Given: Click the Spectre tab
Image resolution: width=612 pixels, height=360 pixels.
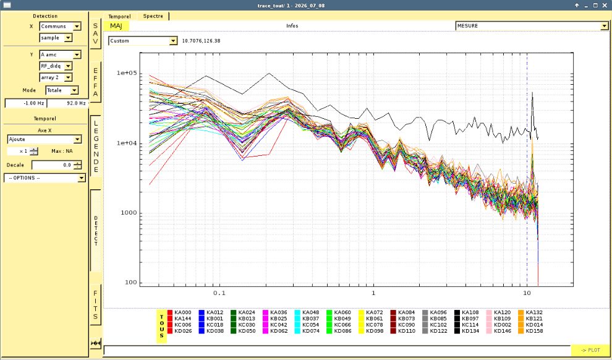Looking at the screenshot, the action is coord(153,16).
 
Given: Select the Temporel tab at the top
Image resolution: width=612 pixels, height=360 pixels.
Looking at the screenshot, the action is coord(120,17).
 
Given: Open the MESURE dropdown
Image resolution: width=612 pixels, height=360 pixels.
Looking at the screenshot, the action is coord(532,26).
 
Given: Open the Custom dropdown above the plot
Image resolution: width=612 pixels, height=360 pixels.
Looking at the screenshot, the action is coord(143,41).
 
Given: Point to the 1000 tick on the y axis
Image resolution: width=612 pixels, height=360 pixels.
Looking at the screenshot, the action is coord(127,213).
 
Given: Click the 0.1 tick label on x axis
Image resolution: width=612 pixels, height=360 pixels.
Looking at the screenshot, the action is coord(219,293).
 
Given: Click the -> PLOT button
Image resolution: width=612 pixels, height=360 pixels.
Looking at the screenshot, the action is coord(590,350).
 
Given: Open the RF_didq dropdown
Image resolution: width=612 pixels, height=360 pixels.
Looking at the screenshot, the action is coord(56,66).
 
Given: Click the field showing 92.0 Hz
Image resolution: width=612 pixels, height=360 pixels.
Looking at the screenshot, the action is coord(67,103).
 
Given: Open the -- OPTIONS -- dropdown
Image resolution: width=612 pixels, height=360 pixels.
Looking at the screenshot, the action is coord(45,178).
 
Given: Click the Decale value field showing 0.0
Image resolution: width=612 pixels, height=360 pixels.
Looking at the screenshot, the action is coord(57,165).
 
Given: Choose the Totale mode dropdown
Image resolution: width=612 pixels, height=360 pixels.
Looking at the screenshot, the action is coord(62,90).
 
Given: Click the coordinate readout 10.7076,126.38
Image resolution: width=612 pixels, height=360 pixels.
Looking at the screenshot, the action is coord(201,41).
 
